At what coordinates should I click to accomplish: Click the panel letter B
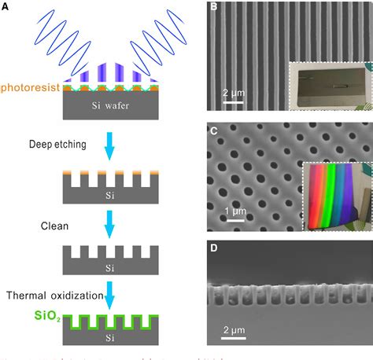pyautogui.click(x=214, y=9)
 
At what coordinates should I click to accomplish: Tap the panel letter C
pyautogui.click(x=214, y=130)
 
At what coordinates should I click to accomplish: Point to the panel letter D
pyautogui.click(x=214, y=248)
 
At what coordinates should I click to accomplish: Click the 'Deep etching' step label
pyautogui.click(x=57, y=144)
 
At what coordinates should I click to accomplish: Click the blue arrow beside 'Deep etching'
pyautogui.click(x=113, y=148)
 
